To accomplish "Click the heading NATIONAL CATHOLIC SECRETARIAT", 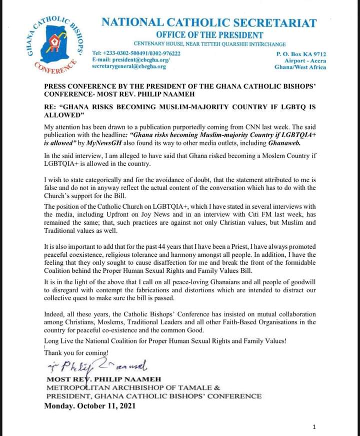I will (x=209, y=23).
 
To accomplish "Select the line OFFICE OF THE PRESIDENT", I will (x=209, y=35).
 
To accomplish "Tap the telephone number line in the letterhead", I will (x=136, y=53).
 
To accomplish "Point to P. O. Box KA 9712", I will (x=301, y=53).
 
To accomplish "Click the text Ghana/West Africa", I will (x=300, y=67).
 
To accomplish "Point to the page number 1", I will (x=313, y=427).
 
